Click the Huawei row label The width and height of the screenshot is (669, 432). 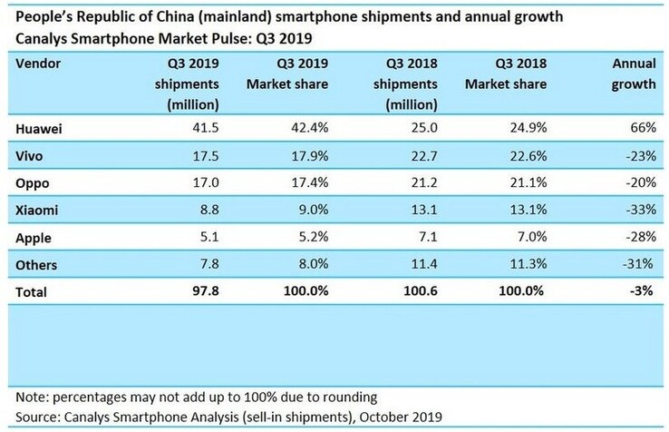[37, 130]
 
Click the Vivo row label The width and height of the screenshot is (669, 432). [29, 157]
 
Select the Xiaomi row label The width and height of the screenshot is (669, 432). [36, 211]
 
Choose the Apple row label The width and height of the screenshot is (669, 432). [33, 238]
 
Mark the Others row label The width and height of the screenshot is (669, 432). [35, 264]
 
